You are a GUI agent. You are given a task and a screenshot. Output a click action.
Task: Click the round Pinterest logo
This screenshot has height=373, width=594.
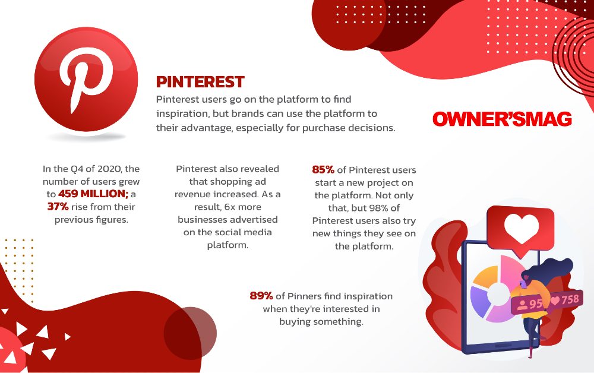[86, 79]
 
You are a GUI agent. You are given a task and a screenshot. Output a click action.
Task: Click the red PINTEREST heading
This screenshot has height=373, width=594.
[200, 82]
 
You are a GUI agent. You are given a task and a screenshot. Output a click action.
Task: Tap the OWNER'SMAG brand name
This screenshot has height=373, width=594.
[502, 119]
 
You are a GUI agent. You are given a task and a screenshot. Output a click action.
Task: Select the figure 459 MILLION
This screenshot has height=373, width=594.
[93, 194]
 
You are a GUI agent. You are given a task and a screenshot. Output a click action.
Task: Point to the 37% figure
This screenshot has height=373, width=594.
[58, 207]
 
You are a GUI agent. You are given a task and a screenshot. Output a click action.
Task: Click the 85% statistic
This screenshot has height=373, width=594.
[323, 170]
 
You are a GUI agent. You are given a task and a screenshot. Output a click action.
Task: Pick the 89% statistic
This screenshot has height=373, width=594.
[261, 296]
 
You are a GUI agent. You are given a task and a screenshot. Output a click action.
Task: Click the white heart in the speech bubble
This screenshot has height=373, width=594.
[522, 228]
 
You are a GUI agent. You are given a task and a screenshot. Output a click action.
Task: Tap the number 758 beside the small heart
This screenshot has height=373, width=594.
[570, 300]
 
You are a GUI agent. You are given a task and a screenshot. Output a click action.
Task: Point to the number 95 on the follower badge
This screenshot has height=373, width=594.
[535, 304]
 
